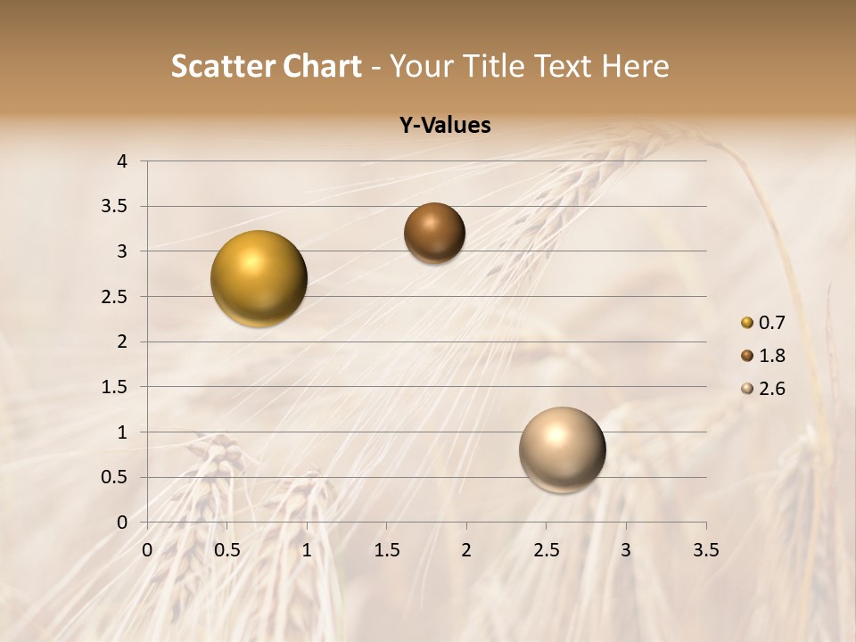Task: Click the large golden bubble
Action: [259, 278]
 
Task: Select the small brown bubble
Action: [434, 233]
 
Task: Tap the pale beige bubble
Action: [562, 449]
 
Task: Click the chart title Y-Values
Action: [444, 126]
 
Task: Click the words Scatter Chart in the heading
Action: [266, 66]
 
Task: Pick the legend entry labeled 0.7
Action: [762, 323]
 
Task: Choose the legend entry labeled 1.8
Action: [762, 356]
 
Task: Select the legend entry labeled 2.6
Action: [762, 389]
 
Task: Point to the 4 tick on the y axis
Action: [122, 161]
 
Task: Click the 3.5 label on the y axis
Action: [115, 207]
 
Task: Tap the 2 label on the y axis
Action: [122, 342]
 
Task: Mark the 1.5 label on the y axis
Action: [115, 387]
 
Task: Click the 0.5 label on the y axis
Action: [115, 477]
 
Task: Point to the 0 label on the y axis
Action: [122, 523]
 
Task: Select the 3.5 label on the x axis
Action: [705, 550]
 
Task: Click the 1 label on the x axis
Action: [307, 550]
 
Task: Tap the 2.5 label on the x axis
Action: [546, 550]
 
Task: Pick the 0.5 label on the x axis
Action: [227, 550]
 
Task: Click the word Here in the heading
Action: [634, 66]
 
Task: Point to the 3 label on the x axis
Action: [626, 550]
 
